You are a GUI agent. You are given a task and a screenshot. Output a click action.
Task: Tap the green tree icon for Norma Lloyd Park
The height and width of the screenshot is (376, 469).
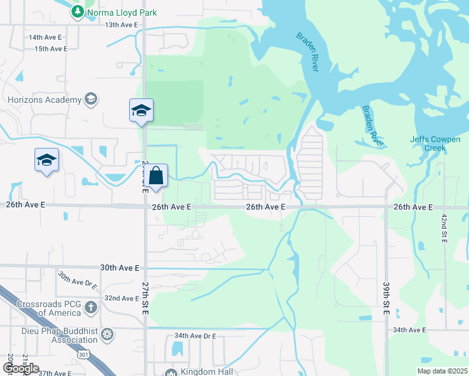tap(77, 11)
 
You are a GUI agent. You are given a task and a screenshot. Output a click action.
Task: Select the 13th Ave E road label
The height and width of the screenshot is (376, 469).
tap(121, 24)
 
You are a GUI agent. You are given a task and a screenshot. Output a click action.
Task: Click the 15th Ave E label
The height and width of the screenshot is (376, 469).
tap(51, 48)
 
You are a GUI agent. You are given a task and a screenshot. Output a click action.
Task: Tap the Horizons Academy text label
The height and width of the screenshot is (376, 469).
tap(45, 100)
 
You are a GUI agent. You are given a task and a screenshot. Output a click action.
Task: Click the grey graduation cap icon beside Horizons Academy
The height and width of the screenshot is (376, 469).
tap(91, 99)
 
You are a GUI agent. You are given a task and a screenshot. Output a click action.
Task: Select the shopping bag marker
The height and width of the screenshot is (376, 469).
tap(157, 176)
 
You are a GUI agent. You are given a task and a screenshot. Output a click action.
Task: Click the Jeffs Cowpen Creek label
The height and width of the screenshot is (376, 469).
tap(436, 144)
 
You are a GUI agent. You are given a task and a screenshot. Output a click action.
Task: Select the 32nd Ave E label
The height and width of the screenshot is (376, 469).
tap(122, 298)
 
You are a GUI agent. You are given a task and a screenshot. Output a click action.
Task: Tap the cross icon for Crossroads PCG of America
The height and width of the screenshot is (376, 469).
tap(91, 307)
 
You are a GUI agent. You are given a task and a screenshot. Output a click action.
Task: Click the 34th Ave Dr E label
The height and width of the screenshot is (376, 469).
tap(194, 336)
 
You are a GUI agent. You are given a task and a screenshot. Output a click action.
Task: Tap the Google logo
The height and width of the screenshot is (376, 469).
tap(21, 368)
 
